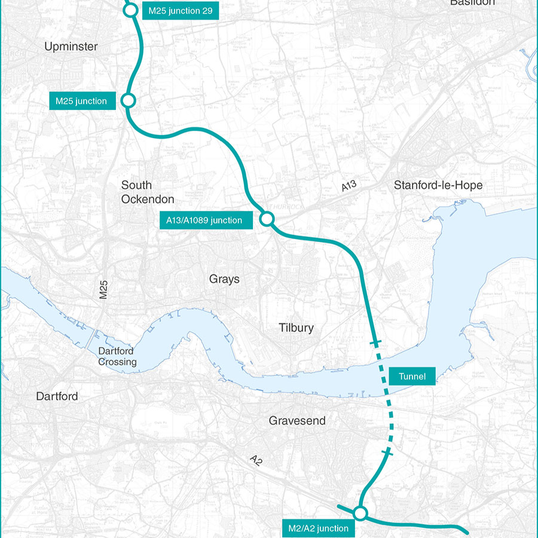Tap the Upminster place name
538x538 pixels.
coord(71,47)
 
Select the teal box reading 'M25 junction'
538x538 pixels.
coord(81,101)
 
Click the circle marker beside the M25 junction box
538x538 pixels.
coord(128,100)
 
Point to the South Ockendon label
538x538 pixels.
coord(148,192)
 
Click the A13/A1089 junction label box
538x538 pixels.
coord(204,221)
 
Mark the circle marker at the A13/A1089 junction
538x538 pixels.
coord(267,219)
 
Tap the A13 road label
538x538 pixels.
coord(349,186)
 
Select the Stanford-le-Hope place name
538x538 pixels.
coord(438,185)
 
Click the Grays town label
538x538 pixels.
coord(224,279)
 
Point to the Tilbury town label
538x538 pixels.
coord(296,328)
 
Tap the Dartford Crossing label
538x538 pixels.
coord(117,357)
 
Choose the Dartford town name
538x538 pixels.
coord(57,396)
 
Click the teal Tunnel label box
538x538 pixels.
coord(411,376)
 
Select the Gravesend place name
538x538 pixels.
coord(297,421)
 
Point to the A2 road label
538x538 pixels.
coord(256,460)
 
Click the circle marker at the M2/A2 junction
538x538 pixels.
coord(360,513)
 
